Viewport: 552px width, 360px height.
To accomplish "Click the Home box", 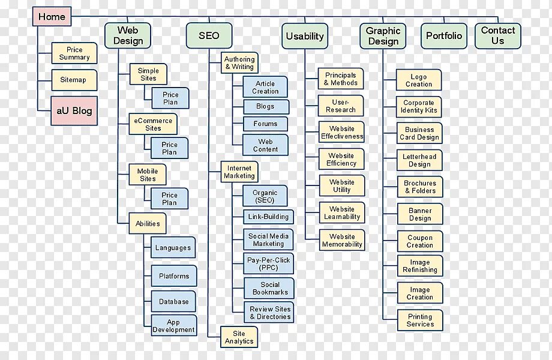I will (52, 17).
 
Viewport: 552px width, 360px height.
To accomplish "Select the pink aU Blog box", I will (74, 111).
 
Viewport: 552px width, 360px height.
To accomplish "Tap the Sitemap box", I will (74, 80).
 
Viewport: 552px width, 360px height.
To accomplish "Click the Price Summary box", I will (74, 53).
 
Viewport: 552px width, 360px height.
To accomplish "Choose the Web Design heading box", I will (128, 36).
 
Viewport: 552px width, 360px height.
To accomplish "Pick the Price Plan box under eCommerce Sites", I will (170, 148).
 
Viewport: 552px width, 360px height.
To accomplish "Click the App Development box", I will (173, 326).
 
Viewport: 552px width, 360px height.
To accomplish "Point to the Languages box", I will (173, 248).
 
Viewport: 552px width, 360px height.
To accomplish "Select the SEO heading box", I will (209, 36).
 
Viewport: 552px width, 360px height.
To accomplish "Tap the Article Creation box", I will (265, 88).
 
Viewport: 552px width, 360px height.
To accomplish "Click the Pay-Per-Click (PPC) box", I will (269, 264).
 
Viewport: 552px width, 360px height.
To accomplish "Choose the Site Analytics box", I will (239, 337).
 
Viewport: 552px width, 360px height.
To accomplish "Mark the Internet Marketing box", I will (239, 172).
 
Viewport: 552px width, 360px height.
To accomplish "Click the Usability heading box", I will (305, 36).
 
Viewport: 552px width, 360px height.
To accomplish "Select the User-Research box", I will (341, 106).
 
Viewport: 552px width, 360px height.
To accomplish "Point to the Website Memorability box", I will (342, 240).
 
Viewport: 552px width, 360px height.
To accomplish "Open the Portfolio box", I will (444, 36).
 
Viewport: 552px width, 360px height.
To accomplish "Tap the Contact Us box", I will (498, 35).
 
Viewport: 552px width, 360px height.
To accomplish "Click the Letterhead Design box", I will (419, 160).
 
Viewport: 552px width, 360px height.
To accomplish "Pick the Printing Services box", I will (420, 320).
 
